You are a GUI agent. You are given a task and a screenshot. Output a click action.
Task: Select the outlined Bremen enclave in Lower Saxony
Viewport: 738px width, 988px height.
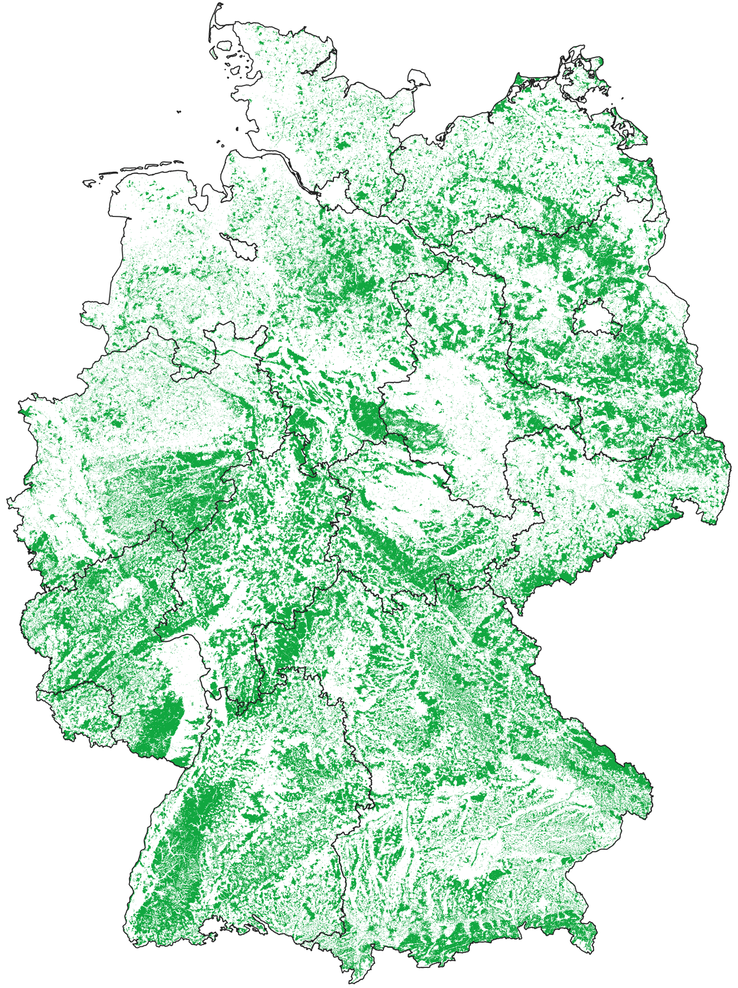[x=240, y=245]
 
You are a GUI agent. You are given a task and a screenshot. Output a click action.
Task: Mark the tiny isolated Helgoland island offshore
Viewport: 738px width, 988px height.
[x=179, y=112]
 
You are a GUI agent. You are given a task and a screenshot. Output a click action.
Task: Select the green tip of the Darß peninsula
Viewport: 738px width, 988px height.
[x=519, y=78]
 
